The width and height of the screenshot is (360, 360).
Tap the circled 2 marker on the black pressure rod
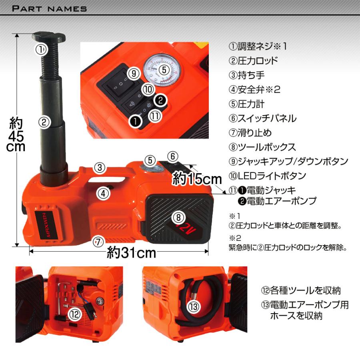pos(44,122)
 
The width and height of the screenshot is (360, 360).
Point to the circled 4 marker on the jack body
pos(103,194)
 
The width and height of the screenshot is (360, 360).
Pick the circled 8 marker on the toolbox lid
pos(178,217)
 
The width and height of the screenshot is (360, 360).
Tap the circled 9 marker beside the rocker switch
pos(134,74)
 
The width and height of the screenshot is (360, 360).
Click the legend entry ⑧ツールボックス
pos(262,147)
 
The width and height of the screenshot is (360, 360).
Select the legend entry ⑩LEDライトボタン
pos(267,176)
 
